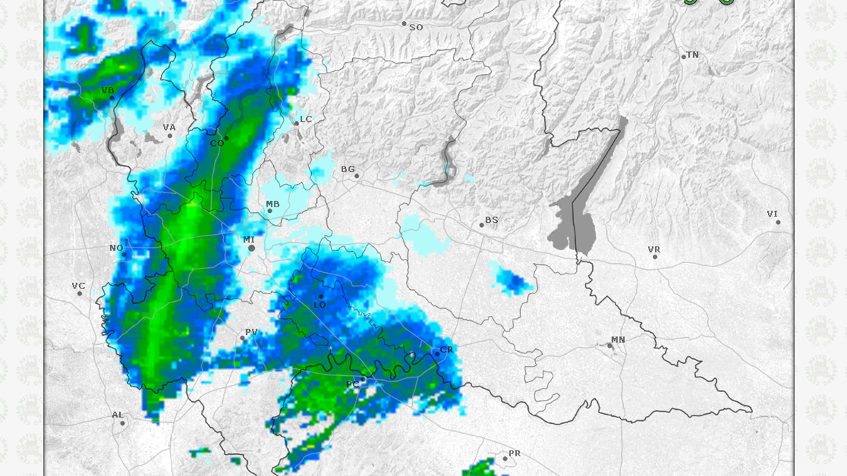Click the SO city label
click(416, 28)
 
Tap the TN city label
click(692, 55)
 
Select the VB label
click(108, 90)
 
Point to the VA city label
click(169, 128)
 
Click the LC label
click(306, 119)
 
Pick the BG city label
click(348, 169)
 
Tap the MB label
click(272, 205)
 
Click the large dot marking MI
click(251, 248)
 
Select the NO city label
click(116, 248)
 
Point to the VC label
click(78, 286)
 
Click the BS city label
click(491, 220)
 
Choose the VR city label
click(654, 250)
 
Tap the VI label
click(772, 214)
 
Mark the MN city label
click(618, 340)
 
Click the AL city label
click(117, 415)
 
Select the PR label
click(515, 453)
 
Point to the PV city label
click(251, 332)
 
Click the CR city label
click(446, 350)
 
